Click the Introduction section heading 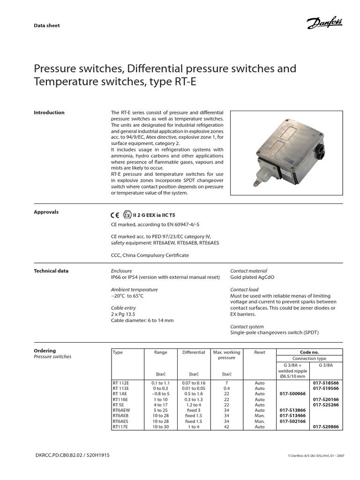[x=49, y=112]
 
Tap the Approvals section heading [x=46, y=212]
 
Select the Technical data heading [x=51, y=271]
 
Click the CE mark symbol [x=115, y=216]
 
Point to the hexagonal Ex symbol [x=127, y=216]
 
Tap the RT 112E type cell [x=120, y=383]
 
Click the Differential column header [x=194, y=352]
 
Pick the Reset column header [x=259, y=352]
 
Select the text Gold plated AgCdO [x=252, y=277]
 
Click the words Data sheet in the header [x=47, y=25]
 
